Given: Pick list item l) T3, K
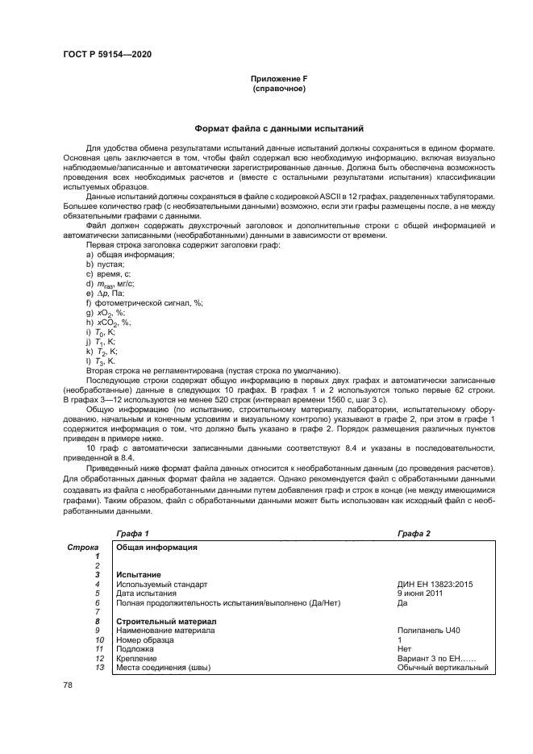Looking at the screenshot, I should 103,360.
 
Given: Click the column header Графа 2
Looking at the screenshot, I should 414,534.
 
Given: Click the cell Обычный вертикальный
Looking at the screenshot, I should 443,667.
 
